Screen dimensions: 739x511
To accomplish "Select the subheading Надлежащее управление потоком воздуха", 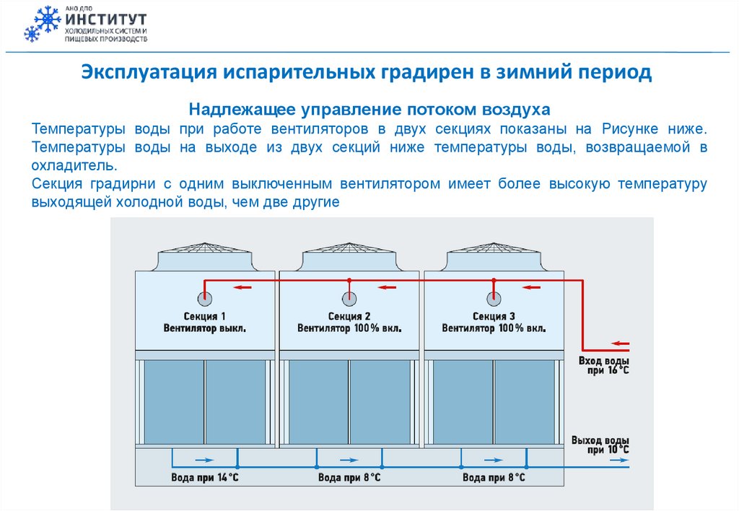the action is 369,110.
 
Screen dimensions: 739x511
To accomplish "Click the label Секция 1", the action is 205,316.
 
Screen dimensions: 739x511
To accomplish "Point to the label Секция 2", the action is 349,316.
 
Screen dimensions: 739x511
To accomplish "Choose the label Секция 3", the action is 494,316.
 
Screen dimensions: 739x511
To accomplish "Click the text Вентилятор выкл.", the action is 205,328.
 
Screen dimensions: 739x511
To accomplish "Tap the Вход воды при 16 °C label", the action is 604,365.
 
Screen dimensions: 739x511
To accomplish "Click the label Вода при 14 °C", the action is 205,478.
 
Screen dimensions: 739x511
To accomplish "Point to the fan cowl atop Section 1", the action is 205,256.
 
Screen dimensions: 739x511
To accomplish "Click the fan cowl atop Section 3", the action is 494,256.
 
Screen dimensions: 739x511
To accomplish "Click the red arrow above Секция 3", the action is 532,287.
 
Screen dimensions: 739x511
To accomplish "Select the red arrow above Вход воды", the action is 620,344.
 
